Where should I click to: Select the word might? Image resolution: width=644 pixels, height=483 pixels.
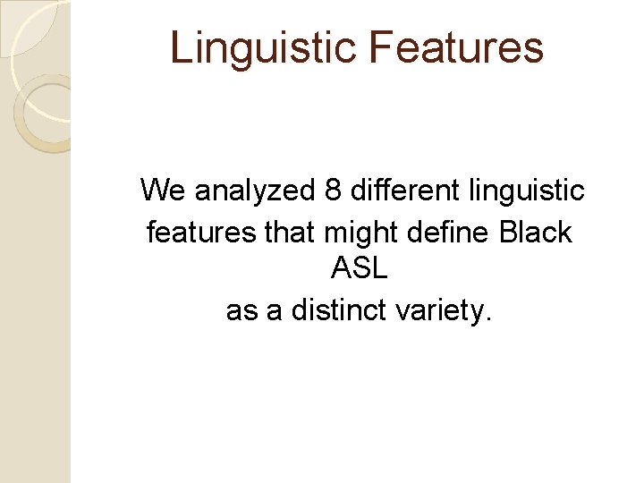363,233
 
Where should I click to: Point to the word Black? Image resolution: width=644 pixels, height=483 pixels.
536,233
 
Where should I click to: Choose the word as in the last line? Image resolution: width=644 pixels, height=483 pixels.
241,311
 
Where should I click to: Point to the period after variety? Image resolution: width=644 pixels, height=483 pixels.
487,319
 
